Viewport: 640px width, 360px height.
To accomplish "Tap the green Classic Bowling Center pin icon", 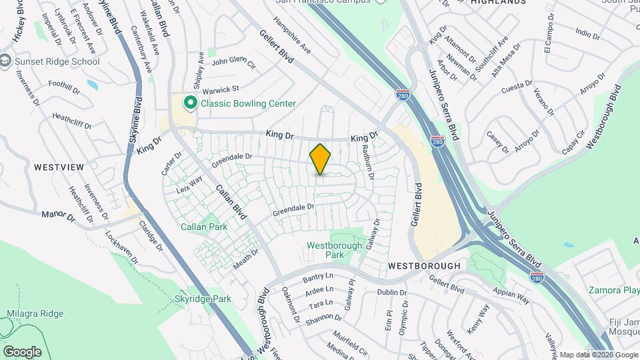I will pos(190,103).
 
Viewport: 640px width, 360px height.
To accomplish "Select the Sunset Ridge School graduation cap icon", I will pos(6,61).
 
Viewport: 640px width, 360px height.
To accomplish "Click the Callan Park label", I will pos(204,227).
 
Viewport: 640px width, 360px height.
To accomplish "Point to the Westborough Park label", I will pos(334,250).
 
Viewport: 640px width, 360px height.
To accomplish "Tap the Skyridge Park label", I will pos(203,299).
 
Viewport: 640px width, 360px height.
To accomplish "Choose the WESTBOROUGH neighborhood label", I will pos(424,265).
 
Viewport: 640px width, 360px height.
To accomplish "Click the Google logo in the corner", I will pos(22,351).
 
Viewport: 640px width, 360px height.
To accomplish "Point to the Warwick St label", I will pos(221,89).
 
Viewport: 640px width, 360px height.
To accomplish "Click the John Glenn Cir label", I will pos(233,63).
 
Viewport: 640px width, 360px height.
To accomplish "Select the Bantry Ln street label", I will pos(317,277).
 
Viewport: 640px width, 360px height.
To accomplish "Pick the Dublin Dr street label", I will pos(391,292).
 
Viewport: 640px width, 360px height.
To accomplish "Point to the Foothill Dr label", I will pos(64,86).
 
